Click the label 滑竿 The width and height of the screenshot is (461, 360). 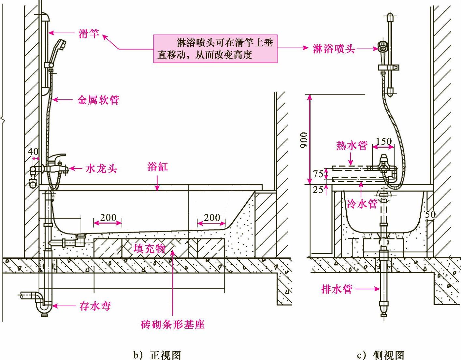89,33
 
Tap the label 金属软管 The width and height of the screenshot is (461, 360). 98,100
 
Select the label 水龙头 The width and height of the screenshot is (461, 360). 101,169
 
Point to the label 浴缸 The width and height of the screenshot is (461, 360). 158,166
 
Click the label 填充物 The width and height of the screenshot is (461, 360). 150,248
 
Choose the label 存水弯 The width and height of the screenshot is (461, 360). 95,306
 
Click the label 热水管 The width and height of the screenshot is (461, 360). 352,146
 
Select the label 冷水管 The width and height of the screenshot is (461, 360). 362,204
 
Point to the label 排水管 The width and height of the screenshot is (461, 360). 337,289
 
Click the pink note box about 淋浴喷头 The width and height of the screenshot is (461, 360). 215,49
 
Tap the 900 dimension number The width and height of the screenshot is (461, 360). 304,140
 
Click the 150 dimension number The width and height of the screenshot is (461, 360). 384,141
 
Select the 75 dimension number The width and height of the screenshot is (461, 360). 318,174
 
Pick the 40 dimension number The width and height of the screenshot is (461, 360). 33,151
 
